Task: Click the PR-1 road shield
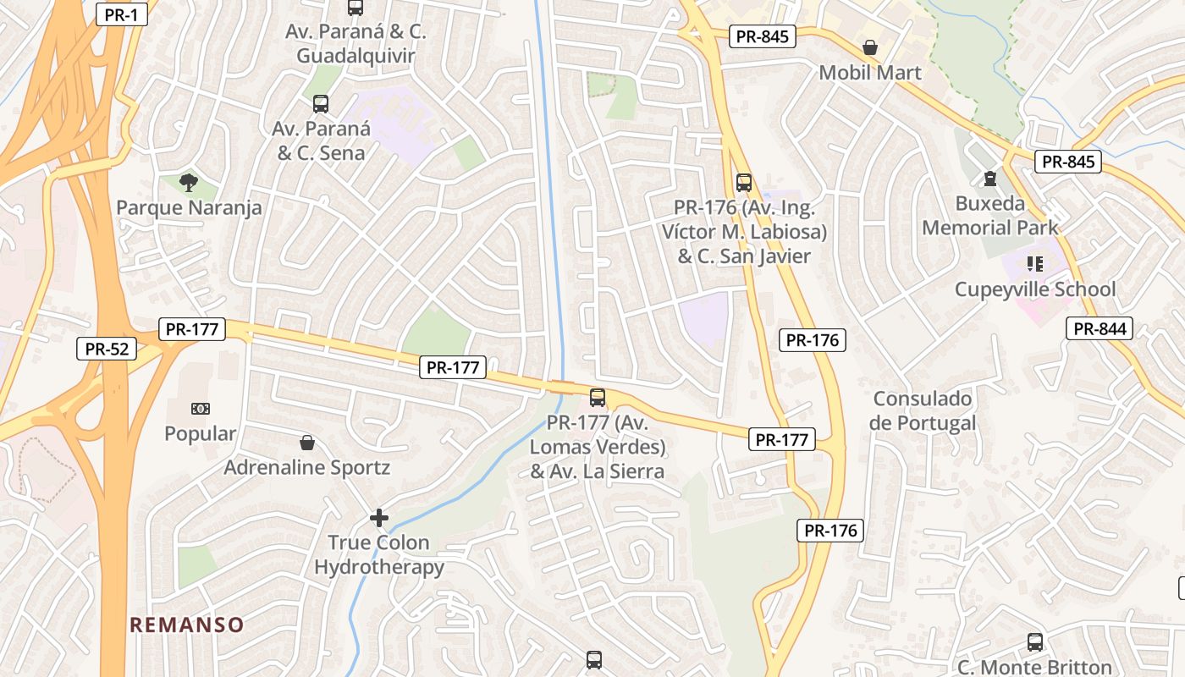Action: pyautogui.click(x=122, y=14)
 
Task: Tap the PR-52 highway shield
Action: pyautogui.click(x=107, y=348)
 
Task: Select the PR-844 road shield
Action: pyautogui.click(x=1100, y=329)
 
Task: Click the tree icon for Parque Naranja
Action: pyautogui.click(x=189, y=181)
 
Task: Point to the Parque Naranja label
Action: pyautogui.click(x=189, y=207)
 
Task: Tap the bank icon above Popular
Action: pyautogui.click(x=201, y=409)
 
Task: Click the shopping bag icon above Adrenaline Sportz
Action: pyautogui.click(x=306, y=443)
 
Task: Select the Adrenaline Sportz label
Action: pyautogui.click(x=306, y=467)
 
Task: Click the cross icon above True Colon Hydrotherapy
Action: pyautogui.click(x=379, y=517)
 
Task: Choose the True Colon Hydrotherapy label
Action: pyautogui.click(x=379, y=554)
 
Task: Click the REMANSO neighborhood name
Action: pyautogui.click(x=186, y=625)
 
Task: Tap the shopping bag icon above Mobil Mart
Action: pyautogui.click(x=869, y=47)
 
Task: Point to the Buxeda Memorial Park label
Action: pyautogui.click(x=989, y=216)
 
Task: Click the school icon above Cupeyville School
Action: pyautogui.click(x=1034, y=264)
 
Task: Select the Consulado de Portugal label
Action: pyautogui.click(x=922, y=410)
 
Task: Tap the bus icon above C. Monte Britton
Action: pyautogui.click(x=1034, y=642)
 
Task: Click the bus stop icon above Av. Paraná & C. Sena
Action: pyautogui.click(x=321, y=104)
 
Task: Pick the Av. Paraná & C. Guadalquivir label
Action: pyautogui.click(x=355, y=44)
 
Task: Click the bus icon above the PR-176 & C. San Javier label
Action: pyautogui.click(x=743, y=182)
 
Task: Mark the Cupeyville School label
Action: pyautogui.click(x=1035, y=289)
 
